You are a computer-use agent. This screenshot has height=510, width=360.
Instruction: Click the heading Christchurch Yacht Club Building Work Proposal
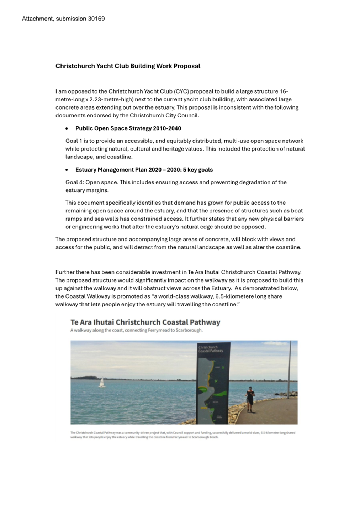click(x=128, y=66)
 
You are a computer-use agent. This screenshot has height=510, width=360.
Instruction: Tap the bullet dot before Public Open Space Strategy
click(x=67, y=128)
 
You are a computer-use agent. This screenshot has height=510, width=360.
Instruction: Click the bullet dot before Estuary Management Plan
click(x=67, y=170)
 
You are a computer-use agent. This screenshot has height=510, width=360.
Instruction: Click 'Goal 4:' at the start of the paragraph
click(x=74, y=182)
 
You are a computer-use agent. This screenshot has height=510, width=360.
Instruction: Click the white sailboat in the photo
click(x=102, y=383)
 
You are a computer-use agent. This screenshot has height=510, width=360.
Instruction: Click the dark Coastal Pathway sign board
click(x=213, y=383)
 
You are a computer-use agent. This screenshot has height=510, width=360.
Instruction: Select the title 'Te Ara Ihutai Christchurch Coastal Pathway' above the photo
click(x=145, y=322)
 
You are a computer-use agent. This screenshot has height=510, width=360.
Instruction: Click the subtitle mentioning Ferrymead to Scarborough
click(x=136, y=330)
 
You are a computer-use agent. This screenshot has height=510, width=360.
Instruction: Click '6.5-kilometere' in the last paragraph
click(x=234, y=296)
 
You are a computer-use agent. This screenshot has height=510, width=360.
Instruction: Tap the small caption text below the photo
click(x=182, y=435)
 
